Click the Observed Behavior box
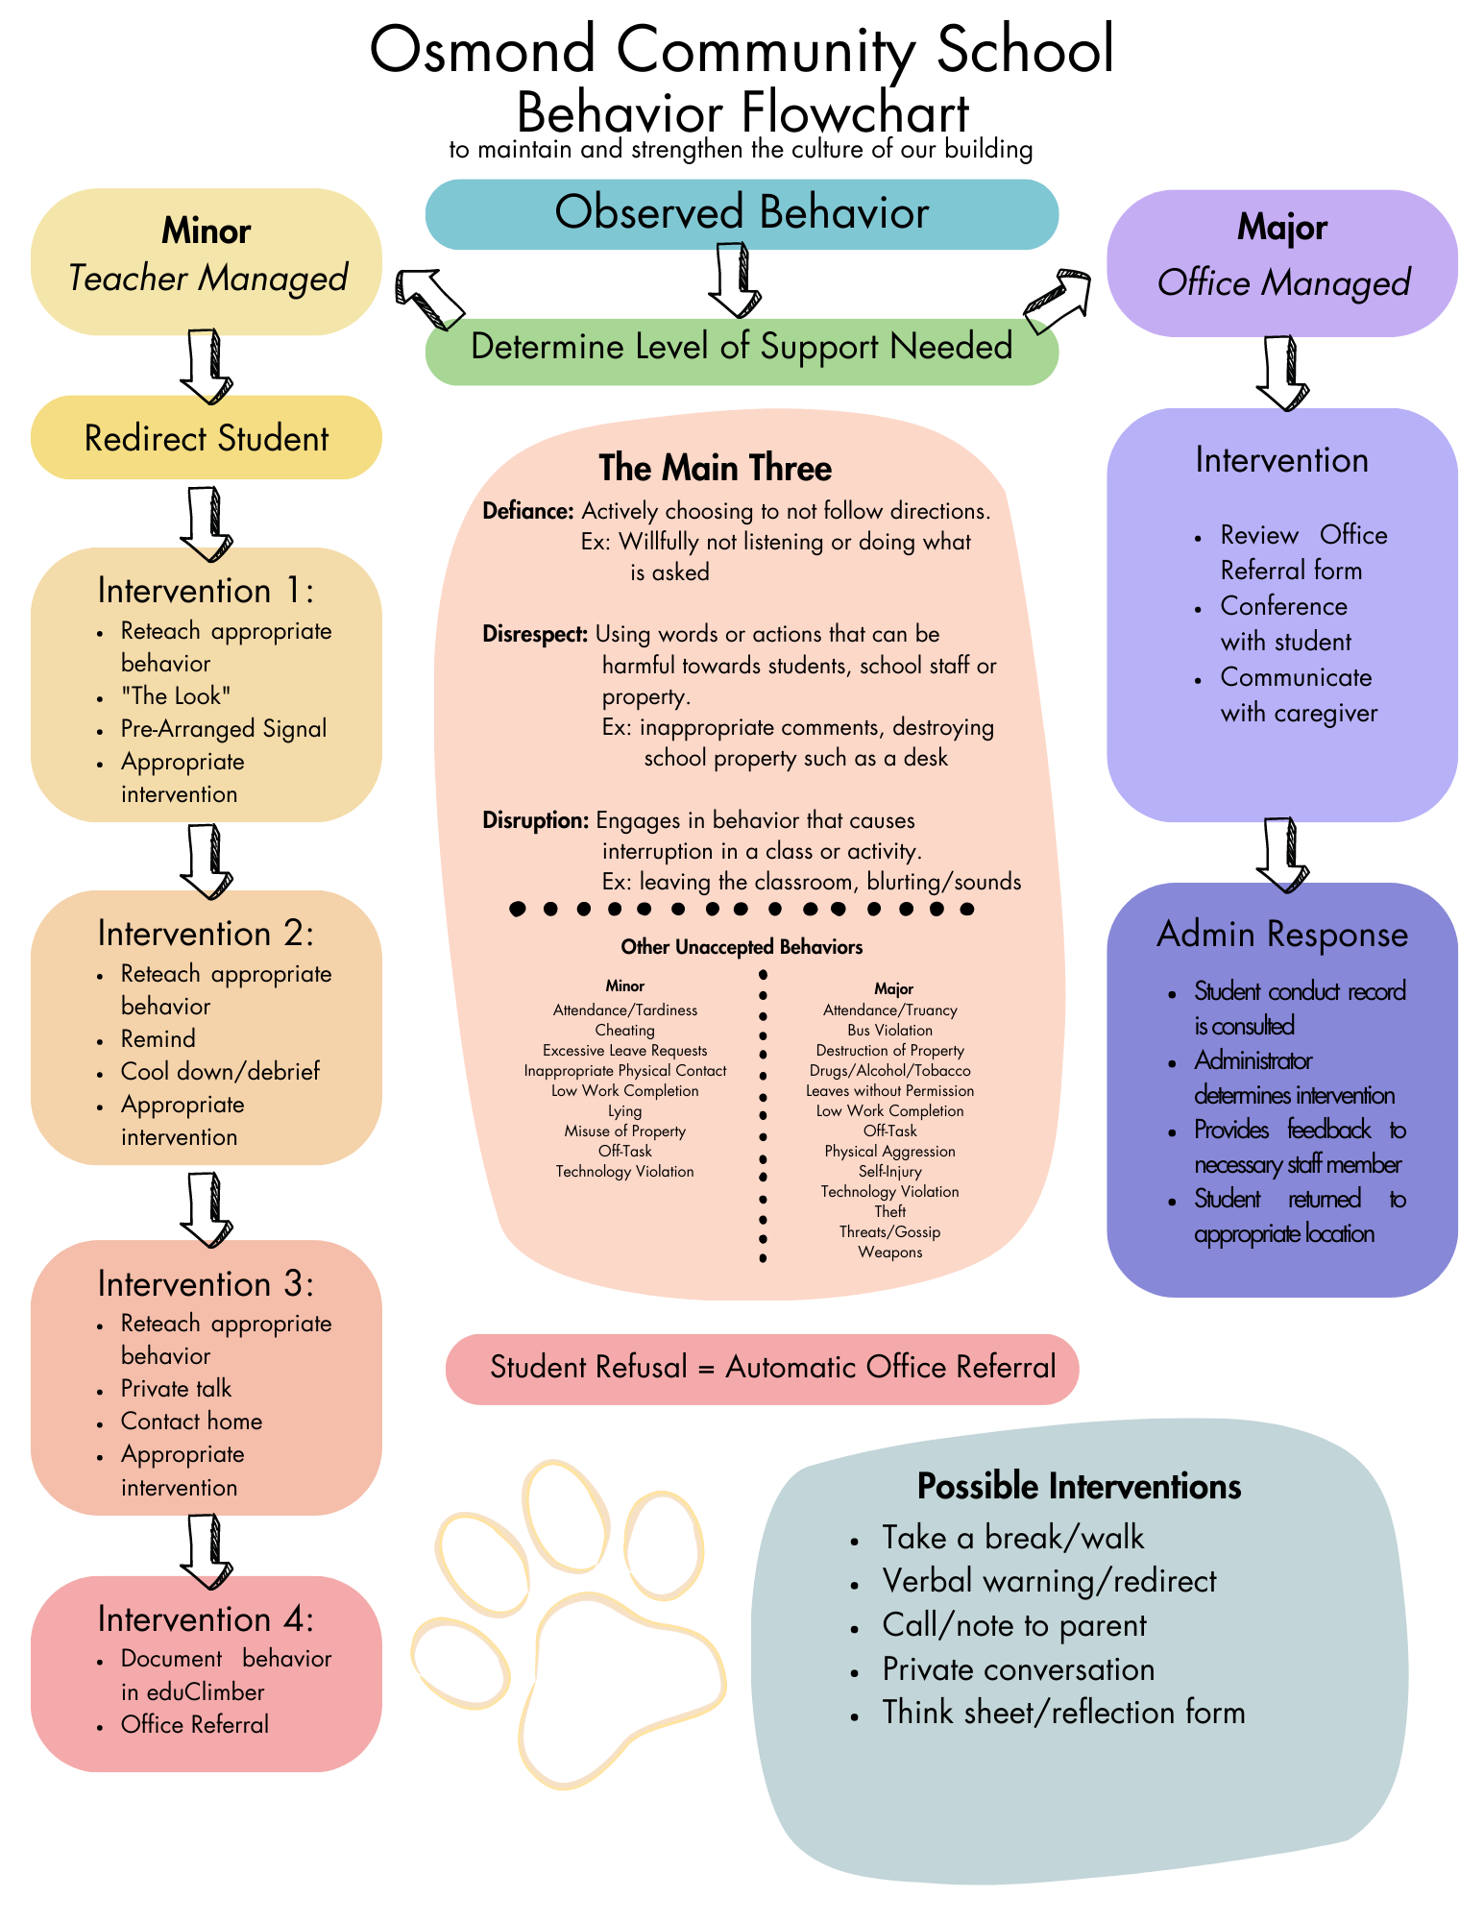[x=742, y=213]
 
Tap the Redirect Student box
[x=207, y=438]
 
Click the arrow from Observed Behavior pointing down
[x=735, y=280]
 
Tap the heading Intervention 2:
[x=206, y=934]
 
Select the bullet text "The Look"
[x=176, y=695]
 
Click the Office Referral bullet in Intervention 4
[x=195, y=1724]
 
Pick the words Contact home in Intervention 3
[x=191, y=1421]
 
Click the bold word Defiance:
[x=528, y=511]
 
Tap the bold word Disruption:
[x=535, y=820]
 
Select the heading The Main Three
[x=716, y=468]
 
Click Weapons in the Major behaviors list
[x=890, y=1252]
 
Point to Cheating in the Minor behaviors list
[x=625, y=1031]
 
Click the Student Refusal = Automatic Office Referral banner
[x=763, y=1369]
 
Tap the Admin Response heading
[x=1282, y=934]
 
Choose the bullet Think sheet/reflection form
[x=1063, y=1713]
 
